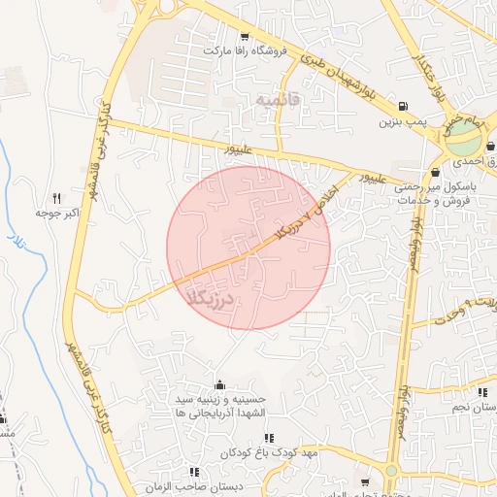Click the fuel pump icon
point(402,107)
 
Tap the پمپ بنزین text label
point(402,123)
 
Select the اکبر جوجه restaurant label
point(56,212)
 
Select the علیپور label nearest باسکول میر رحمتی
point(375,180)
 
